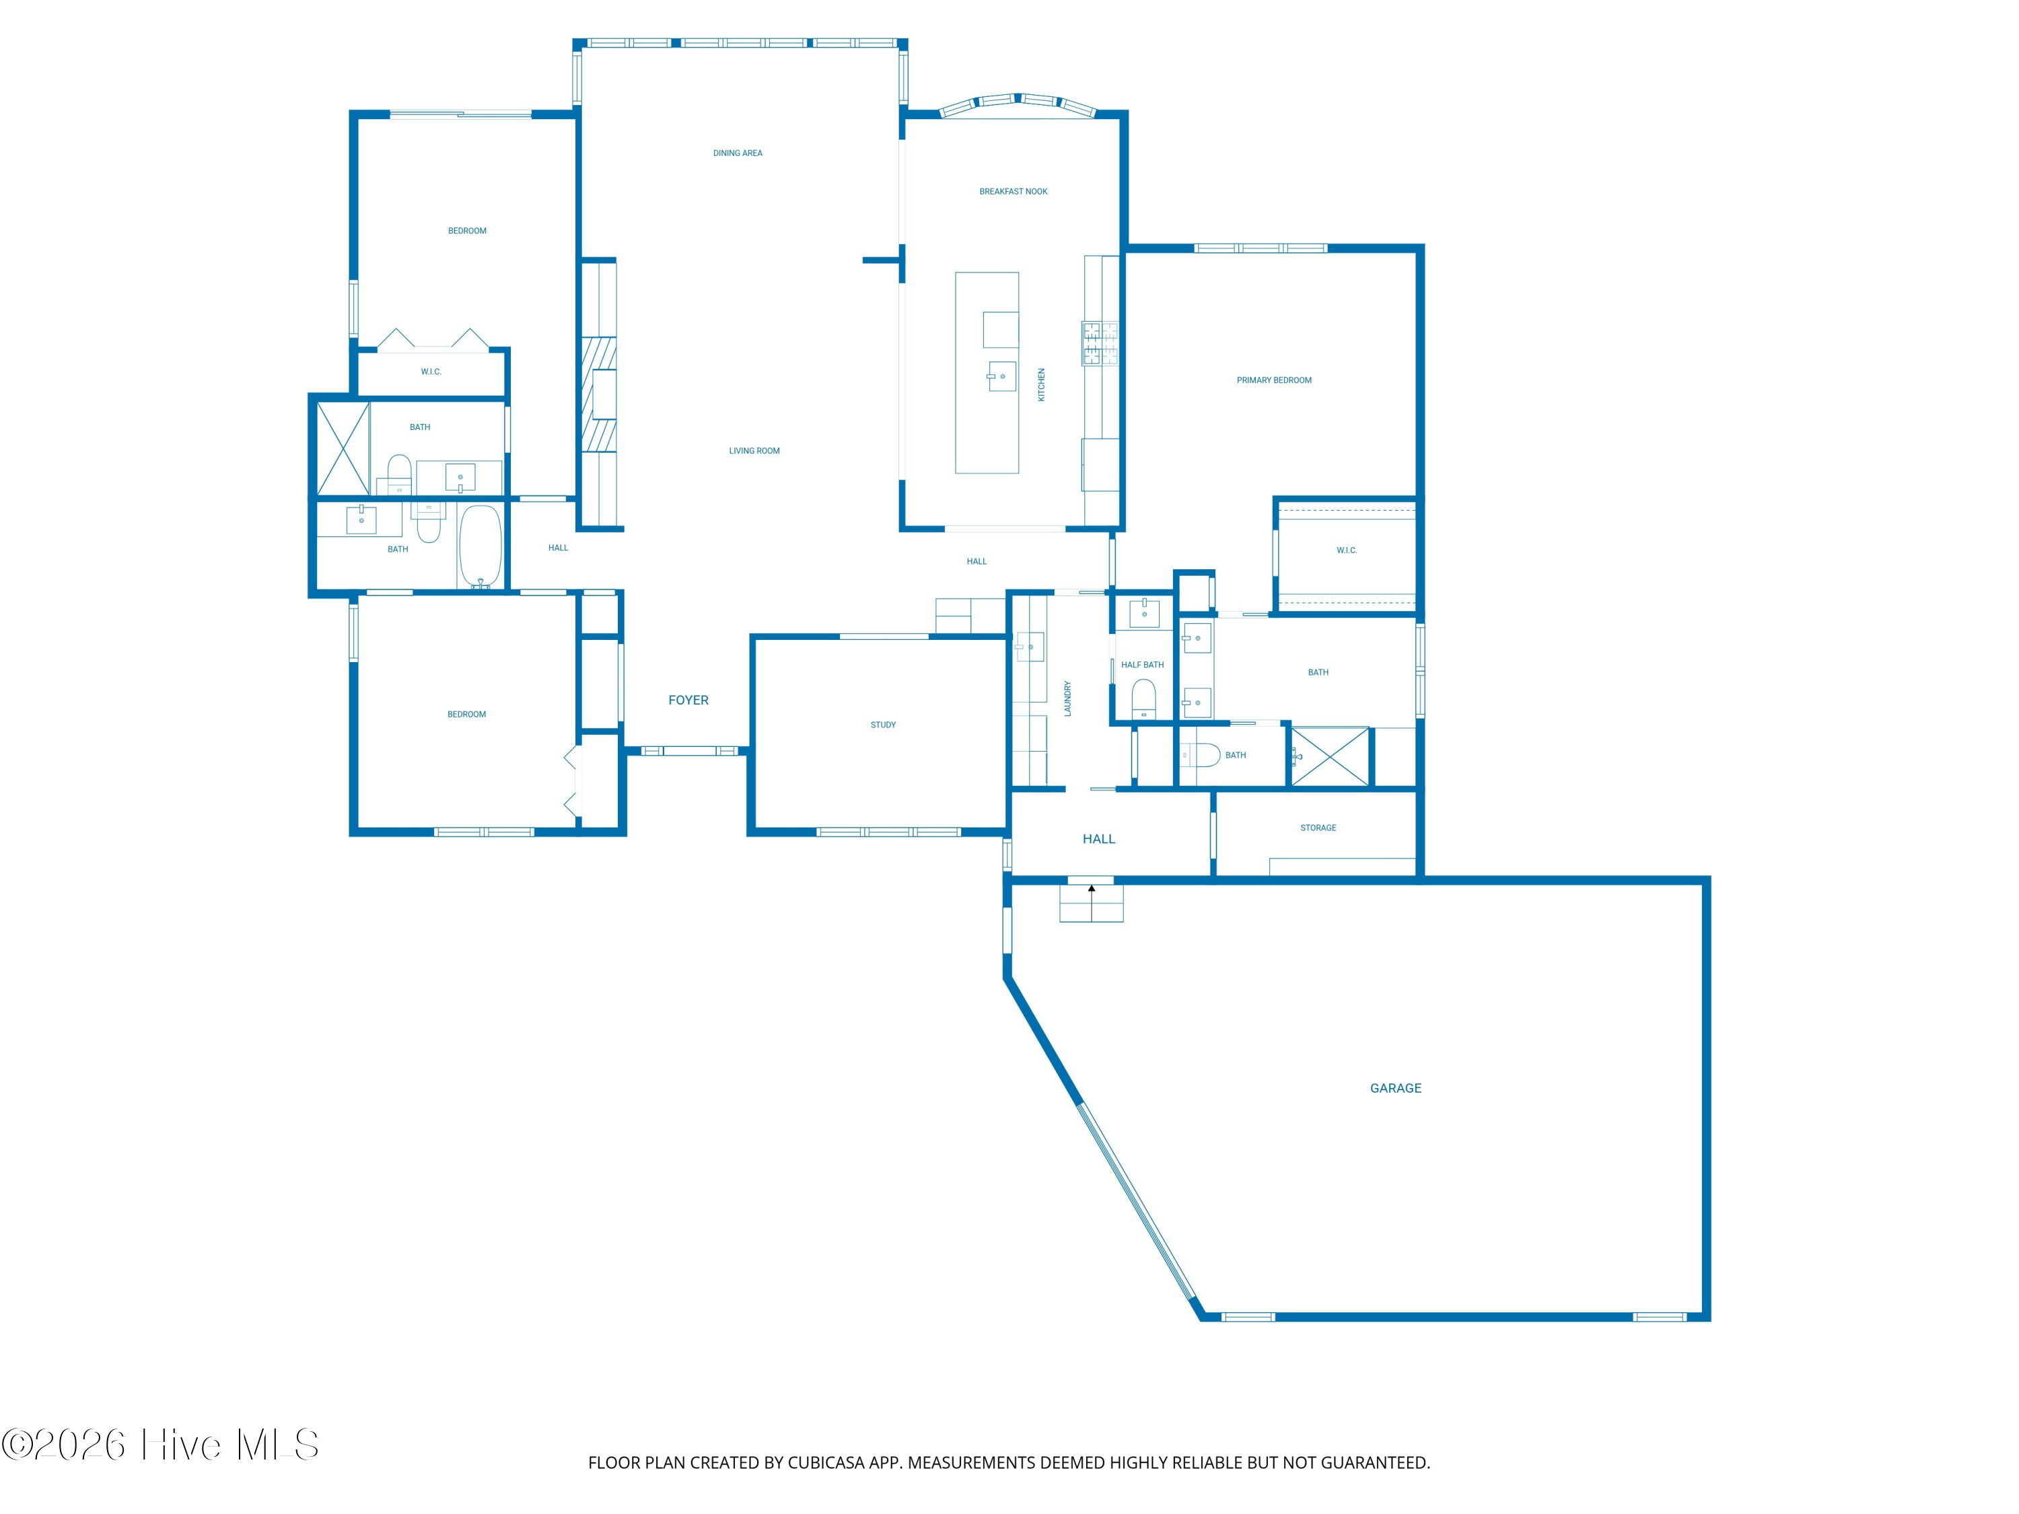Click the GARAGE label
(1396, 1088)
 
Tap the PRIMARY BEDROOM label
(1273, 381)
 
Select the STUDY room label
(882, 725)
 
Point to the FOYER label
(688, 700)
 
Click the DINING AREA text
(738, 153)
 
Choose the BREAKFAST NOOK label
(1013, 192)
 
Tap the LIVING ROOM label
(754, 451)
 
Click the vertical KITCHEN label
(1041, 385)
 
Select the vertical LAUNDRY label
(1068, 698)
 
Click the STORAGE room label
(1318, 828)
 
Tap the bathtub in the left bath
(480, 546)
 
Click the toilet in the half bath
(1143, 699)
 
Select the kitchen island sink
(1001, 377)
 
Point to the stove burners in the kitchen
(1100, 343)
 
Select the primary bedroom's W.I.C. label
(1346, 550)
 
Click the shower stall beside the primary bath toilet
(1331, 756)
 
